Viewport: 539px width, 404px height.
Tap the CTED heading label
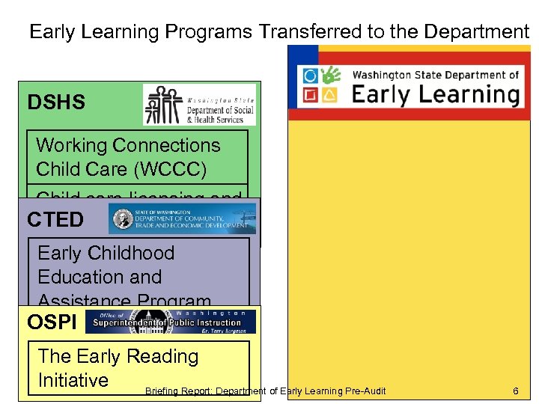[x=55, y=220]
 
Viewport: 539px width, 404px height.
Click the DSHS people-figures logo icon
[x=163, y=104]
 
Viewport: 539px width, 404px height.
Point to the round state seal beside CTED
[x=120, y=218]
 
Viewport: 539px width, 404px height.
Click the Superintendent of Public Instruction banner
[x=171, y=322]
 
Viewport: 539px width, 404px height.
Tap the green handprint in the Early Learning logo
[x=329, y=76]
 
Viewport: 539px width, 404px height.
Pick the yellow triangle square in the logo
[x=329, y=95]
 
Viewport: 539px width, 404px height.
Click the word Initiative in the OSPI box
[x=73, y=380]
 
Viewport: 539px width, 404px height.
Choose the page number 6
[x=515, y=391]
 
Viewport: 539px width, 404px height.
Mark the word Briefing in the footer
[x=162, y=391]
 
